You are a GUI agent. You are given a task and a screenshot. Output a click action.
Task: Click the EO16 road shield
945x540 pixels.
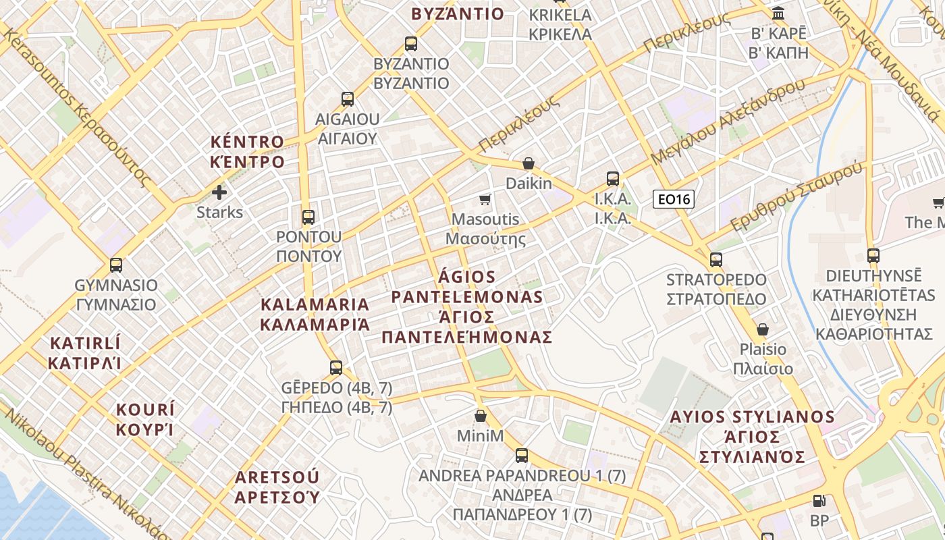(673, 199)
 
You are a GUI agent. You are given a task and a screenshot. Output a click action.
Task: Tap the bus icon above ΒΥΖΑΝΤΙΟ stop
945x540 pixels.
(411, 45)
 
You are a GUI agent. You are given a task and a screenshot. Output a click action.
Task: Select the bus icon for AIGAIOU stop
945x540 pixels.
(348, 99)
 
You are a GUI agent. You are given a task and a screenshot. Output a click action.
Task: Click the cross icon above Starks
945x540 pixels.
(219, 192)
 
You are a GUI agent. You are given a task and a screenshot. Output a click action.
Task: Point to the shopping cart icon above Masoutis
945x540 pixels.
(485, 199)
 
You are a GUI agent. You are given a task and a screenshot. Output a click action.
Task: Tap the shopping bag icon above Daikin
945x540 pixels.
(529, 164)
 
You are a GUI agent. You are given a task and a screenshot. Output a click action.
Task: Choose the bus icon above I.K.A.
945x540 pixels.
(613, 179)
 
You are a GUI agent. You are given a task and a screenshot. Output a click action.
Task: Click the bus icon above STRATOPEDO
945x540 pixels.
(716, 260)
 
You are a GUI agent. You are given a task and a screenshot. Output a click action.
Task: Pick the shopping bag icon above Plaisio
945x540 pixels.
(763, 329)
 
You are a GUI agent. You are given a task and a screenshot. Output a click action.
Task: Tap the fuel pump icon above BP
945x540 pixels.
(819, 501)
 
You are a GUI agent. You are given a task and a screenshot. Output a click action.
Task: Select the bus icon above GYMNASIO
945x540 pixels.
(116, 265)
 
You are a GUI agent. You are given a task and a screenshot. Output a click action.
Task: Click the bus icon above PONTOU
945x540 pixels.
(308, 217)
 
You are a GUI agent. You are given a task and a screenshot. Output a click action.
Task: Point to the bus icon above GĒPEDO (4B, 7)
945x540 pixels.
(336, 368)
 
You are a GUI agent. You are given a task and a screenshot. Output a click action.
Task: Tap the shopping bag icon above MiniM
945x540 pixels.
(481, 416)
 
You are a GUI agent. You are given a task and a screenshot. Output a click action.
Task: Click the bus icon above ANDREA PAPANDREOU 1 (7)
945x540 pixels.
(522, 456)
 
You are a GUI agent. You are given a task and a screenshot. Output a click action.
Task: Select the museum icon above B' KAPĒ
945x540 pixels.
(778, 13)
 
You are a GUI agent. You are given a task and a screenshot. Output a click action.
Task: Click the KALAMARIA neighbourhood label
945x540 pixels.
(315, 315)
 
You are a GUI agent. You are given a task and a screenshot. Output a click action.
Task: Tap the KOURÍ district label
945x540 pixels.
(145, 420)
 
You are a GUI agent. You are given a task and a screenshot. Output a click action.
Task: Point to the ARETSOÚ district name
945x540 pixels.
(277, 487)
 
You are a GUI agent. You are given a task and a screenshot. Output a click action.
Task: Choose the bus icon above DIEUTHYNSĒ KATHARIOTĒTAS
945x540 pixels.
(873, 256)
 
